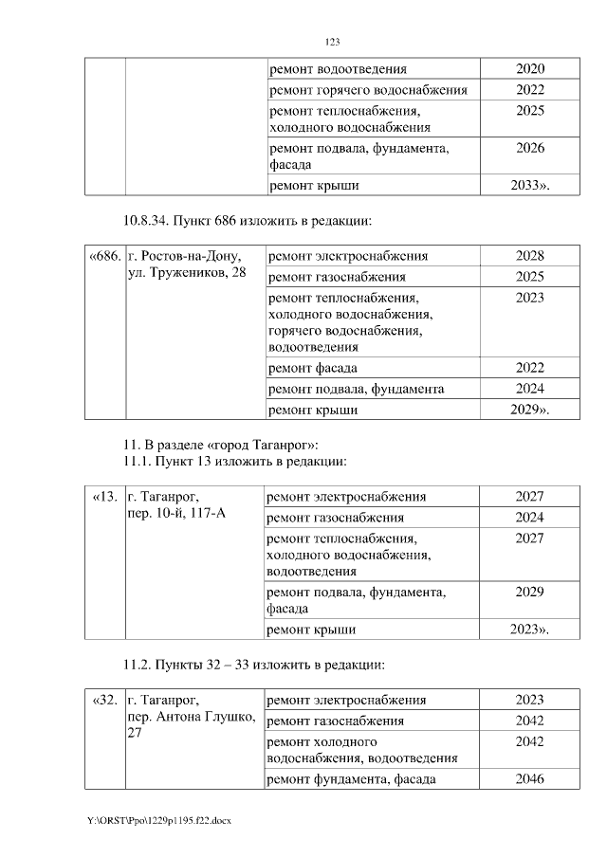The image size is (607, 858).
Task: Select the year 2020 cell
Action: click(x=530, y=69)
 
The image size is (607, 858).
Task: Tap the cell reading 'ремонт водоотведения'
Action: click(x=339, y=69)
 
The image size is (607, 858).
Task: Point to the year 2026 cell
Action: click(x=530, y=148)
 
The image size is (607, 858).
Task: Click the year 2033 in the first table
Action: click(x=528, y=185)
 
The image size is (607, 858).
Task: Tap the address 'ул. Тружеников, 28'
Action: click(x=187, y=273)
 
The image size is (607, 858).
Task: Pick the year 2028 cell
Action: click(x=529, y=256)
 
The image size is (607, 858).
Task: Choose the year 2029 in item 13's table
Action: click(x=529, y=592)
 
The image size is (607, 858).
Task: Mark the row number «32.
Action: click(x=104, y=700)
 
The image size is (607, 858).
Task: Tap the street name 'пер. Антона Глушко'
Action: click(x=191, y=717)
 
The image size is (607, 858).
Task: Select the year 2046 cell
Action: click(x=529, y=779)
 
